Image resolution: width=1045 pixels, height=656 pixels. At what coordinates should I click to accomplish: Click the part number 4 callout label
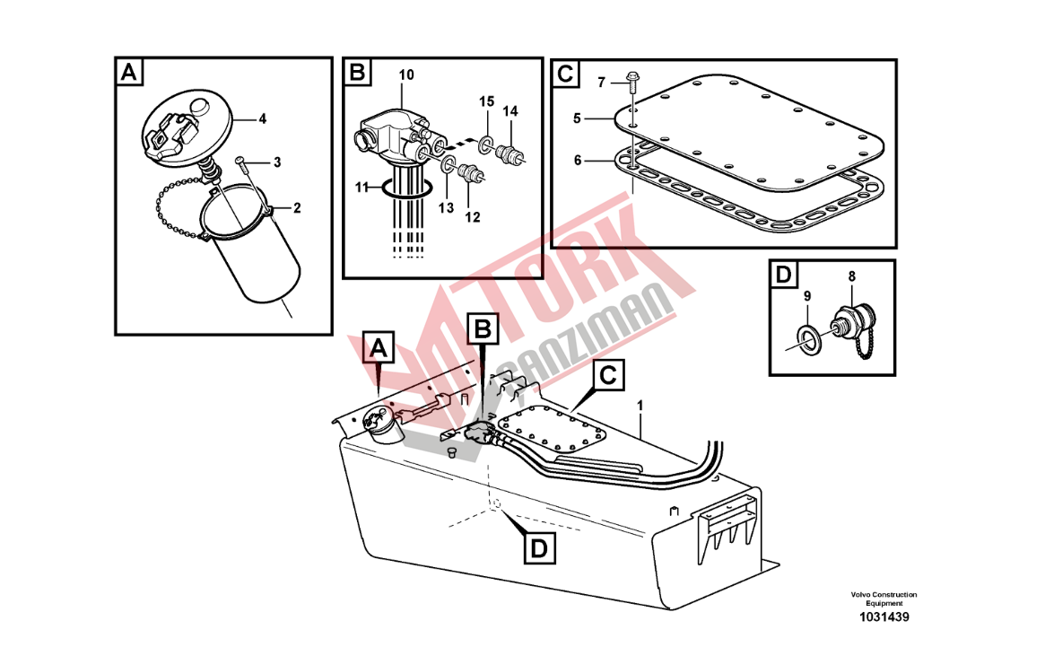[263, 118]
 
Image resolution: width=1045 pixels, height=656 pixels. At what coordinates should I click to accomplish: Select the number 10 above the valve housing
[406, 74]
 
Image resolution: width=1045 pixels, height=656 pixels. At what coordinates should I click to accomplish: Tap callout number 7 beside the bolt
[601, 82]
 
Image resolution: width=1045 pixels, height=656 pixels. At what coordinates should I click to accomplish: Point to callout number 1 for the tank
[640, 406]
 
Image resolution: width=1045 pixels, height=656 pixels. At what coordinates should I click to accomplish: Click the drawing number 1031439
[884, 617]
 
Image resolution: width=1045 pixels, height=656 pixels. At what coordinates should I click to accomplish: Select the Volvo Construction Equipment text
[884, 599]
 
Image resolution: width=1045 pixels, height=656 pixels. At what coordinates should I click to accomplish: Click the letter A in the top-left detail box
[129, 72]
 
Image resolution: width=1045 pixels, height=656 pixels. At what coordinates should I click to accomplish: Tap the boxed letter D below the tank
[539, 549]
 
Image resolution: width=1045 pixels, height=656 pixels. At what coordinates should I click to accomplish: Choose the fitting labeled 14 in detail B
[510, 154]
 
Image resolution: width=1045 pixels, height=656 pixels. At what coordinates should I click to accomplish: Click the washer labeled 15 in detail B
[486, 142]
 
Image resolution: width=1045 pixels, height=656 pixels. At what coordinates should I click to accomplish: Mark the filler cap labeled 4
[188, 128]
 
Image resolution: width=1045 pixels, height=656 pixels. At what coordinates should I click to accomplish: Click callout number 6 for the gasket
[577, 161]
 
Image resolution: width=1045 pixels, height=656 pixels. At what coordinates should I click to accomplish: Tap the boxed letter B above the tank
[483, 329]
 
